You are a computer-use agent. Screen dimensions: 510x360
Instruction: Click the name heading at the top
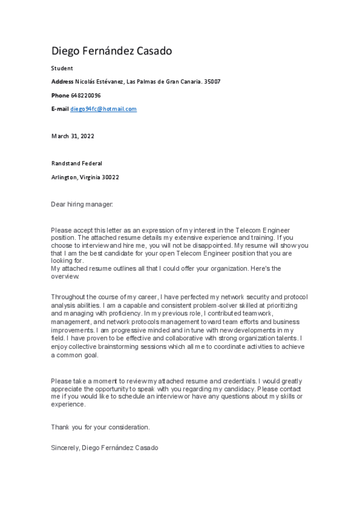tap(111, 51)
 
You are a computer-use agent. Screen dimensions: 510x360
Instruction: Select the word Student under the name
tap(62, 69)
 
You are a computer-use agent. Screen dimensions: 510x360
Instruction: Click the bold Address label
tap(63, 82)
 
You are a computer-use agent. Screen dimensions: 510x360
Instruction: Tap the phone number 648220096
tap(86, 96)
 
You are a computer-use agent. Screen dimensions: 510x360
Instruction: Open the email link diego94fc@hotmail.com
tap(103, 109)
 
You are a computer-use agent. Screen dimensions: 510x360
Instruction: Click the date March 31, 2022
tap(73, 136)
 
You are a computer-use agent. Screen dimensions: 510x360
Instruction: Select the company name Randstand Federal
tap(76, 163)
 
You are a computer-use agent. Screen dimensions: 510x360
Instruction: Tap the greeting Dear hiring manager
tap(82, 204)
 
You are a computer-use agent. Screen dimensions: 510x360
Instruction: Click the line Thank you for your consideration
tap(100, 427)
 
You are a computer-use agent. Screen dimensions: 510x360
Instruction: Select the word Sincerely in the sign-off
tap(65, 448)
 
